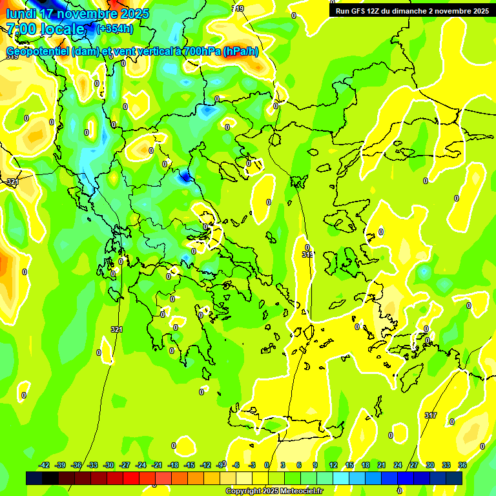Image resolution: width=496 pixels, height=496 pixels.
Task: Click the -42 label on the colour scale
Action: coord(44,466)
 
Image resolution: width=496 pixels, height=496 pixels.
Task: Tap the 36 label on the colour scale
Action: coord(462,466)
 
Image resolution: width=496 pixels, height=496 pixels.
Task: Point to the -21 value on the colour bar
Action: coord(157,466)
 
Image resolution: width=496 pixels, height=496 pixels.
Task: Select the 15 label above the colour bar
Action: coord(349,466)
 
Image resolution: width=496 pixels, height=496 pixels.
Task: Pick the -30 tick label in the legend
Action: coord(108,466)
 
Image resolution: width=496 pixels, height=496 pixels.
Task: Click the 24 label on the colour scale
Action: coord(398,466)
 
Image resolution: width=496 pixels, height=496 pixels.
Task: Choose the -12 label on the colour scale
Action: coord(205,466)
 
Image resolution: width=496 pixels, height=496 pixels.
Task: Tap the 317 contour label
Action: coord(431,415)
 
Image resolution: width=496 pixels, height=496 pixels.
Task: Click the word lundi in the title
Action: coord(21,14)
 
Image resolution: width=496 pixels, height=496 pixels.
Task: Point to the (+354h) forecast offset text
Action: coord(114,28)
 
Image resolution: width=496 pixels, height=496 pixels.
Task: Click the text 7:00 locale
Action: coord(45,29)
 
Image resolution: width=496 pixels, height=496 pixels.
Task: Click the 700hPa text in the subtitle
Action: coord(200,52)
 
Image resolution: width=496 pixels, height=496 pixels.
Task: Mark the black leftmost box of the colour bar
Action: coord(34,478)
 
